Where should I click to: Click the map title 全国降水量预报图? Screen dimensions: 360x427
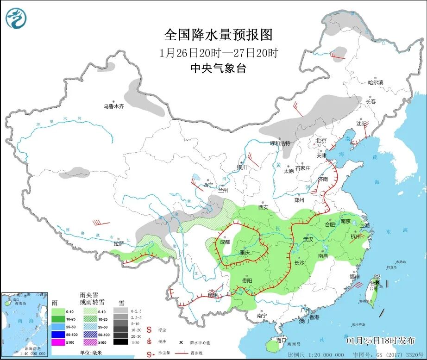[218, 35]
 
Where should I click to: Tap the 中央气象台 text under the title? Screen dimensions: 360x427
[218, 68]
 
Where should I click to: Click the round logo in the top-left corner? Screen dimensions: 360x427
[16, 18]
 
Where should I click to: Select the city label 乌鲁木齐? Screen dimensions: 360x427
[113, 106]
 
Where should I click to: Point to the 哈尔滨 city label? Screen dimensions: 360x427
[376, 82]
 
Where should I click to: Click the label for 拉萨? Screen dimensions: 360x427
[119, 243]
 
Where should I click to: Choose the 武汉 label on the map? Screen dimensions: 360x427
[308, 239]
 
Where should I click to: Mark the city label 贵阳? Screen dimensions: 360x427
[247, 281]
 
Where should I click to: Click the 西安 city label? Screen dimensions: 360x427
[264, 207]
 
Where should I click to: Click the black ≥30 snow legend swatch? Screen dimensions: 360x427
[121, 342]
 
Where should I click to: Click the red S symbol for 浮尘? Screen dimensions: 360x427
[149, 330]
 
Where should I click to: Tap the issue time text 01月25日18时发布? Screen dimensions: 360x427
[381, 341]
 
